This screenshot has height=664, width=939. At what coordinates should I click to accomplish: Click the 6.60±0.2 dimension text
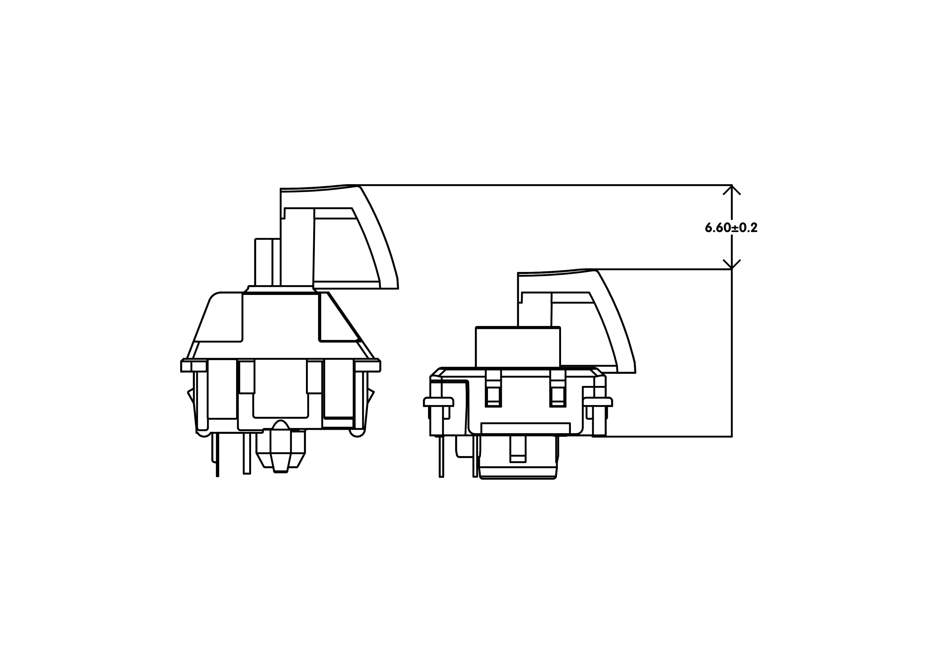731,228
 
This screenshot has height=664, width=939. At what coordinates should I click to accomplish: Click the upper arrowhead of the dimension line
732,190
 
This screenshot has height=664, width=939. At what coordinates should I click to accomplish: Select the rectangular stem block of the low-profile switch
518,347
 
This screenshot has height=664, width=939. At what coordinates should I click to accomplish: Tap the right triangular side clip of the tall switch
370,397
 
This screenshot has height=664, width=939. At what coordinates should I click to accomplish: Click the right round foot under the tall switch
357,433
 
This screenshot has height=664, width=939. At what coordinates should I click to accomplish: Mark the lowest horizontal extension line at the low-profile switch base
667,436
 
